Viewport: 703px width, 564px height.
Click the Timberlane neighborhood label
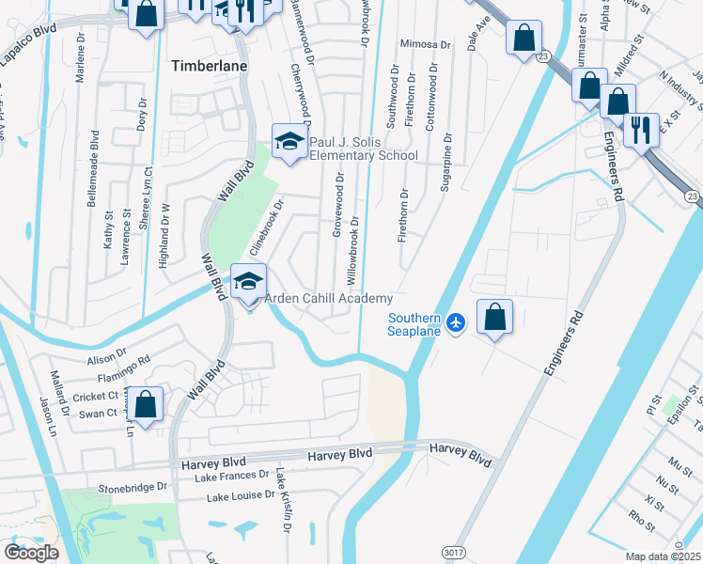[x=207, y=66]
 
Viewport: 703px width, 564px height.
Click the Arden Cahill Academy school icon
[x=249, y=282]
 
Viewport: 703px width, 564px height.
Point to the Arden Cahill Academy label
[x=328, y=298]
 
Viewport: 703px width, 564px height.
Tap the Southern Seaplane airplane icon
[x=456, y=322]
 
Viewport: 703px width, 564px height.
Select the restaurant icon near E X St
[x=641, y=129]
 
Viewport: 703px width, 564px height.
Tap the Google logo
[x=31, y=553]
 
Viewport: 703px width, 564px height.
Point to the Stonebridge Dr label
[x=133, y=489]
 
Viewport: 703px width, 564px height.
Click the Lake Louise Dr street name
[x=241, y=494]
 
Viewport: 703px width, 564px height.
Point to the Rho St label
[x=643, y=516]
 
